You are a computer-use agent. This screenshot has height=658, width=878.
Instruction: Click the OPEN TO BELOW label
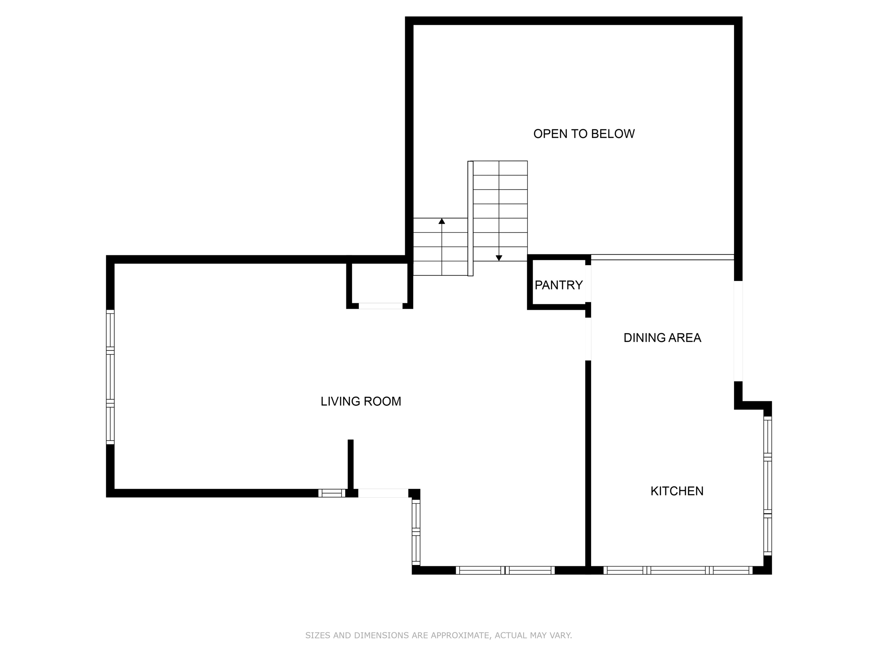click(x=583, y=134)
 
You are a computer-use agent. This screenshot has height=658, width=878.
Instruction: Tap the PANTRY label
click(x=558, y=285)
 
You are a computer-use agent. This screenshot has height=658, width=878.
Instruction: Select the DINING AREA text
click(x=662, y=338)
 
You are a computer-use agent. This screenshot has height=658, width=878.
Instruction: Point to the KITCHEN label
click(x=677, y=491)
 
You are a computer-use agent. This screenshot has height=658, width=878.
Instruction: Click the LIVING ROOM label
click(x=361, y=401)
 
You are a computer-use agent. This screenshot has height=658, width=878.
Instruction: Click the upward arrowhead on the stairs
click(x=442, y=221)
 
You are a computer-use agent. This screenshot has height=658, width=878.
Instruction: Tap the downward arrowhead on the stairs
click(x=499, y=258)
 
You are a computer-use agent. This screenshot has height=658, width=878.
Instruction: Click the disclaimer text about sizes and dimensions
click(x=439, y=635)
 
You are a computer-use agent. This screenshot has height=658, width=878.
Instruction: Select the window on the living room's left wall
click(x=110, y=377)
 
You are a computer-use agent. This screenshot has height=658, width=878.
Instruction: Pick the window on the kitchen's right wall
click(x=767, y=486)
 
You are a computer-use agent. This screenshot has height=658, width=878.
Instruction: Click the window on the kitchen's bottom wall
click(x=677, y=570)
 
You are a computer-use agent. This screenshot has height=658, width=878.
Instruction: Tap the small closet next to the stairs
click(x=379, y=283)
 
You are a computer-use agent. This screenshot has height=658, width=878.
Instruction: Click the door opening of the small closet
click(x=380, y=306)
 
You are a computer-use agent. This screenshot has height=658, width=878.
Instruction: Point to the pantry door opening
click(x=588, y=284)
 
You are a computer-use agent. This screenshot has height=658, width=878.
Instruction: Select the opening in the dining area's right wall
click(x=738, y=331)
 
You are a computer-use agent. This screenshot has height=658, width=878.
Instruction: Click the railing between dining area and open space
click(x=662, y=257)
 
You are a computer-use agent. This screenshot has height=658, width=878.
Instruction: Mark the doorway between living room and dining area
click(x=588, y=339)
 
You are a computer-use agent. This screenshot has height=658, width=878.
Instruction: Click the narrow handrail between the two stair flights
click(x=470, y=218)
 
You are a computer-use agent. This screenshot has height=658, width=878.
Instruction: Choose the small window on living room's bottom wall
click(x=331, y=493)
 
